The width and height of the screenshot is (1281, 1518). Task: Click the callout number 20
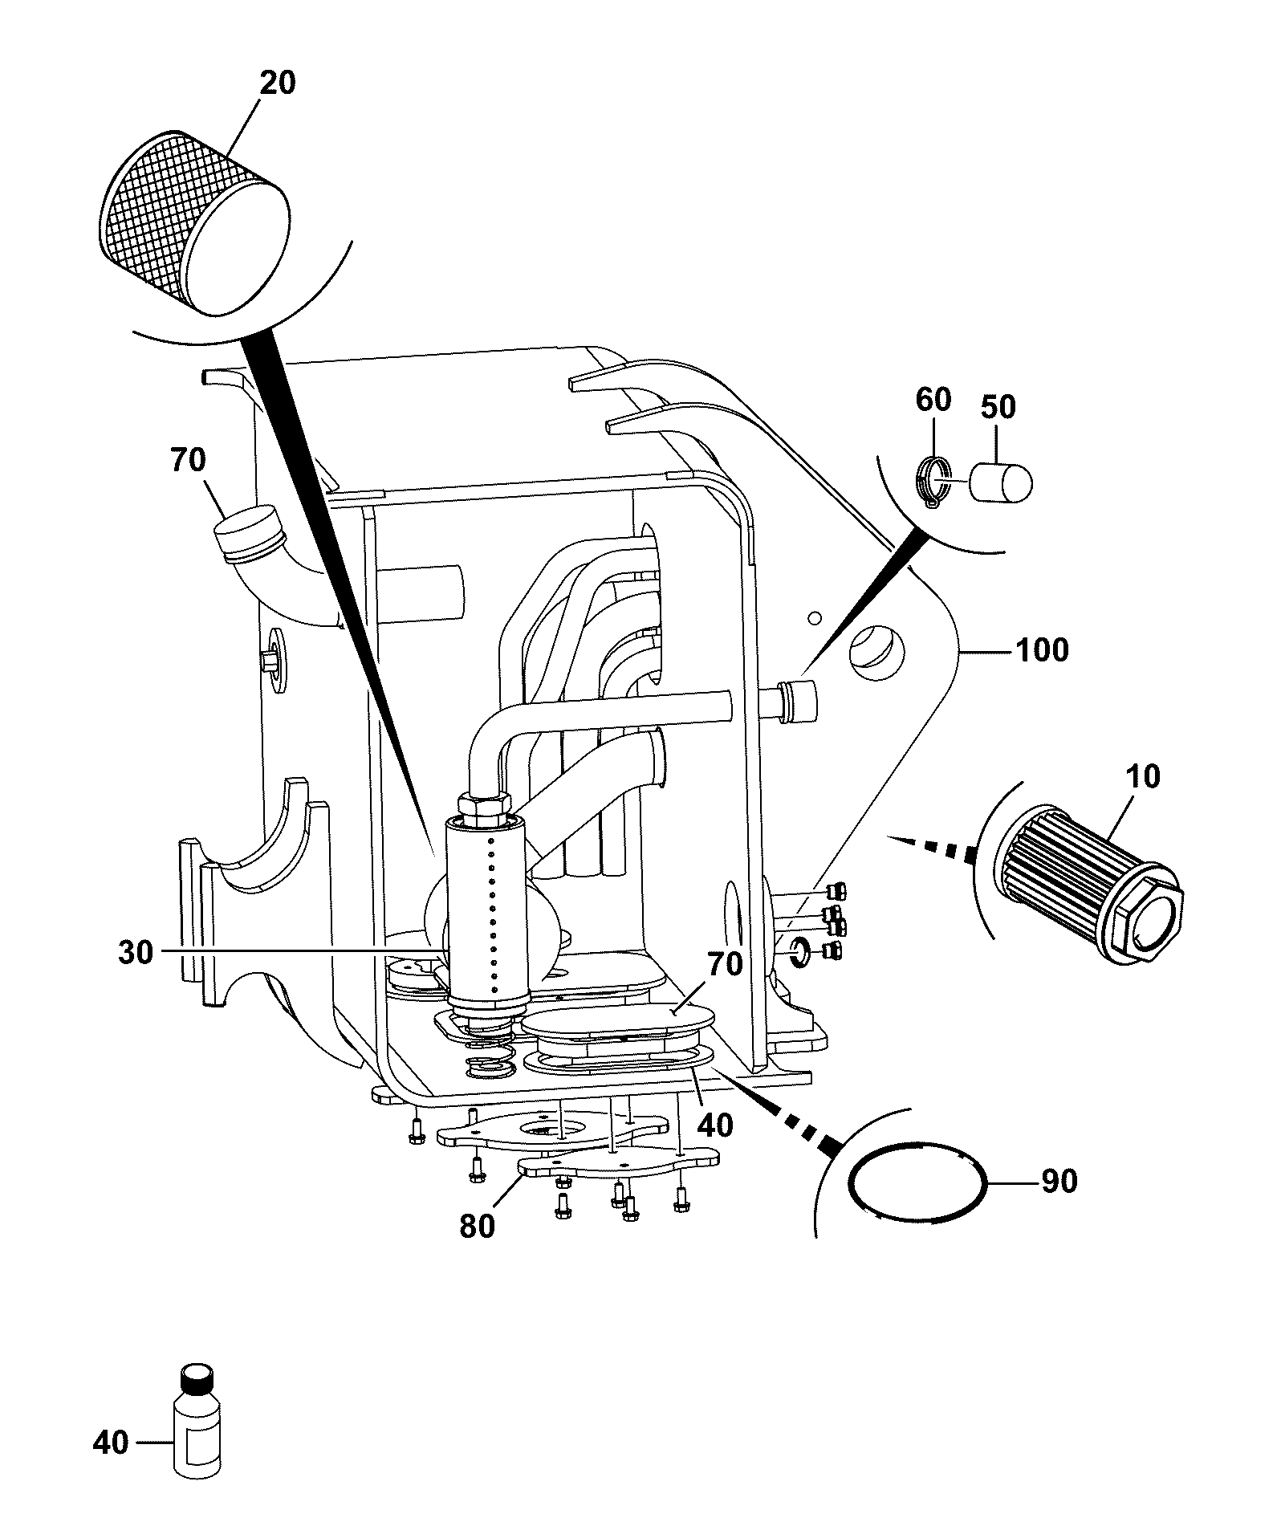(277, 83)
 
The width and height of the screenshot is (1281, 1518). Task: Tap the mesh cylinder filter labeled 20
(197, 222)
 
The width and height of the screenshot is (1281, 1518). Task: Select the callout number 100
(1042, 650)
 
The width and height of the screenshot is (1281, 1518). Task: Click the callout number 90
(1058, 1182)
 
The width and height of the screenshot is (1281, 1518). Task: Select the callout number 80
(477, 1226)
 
